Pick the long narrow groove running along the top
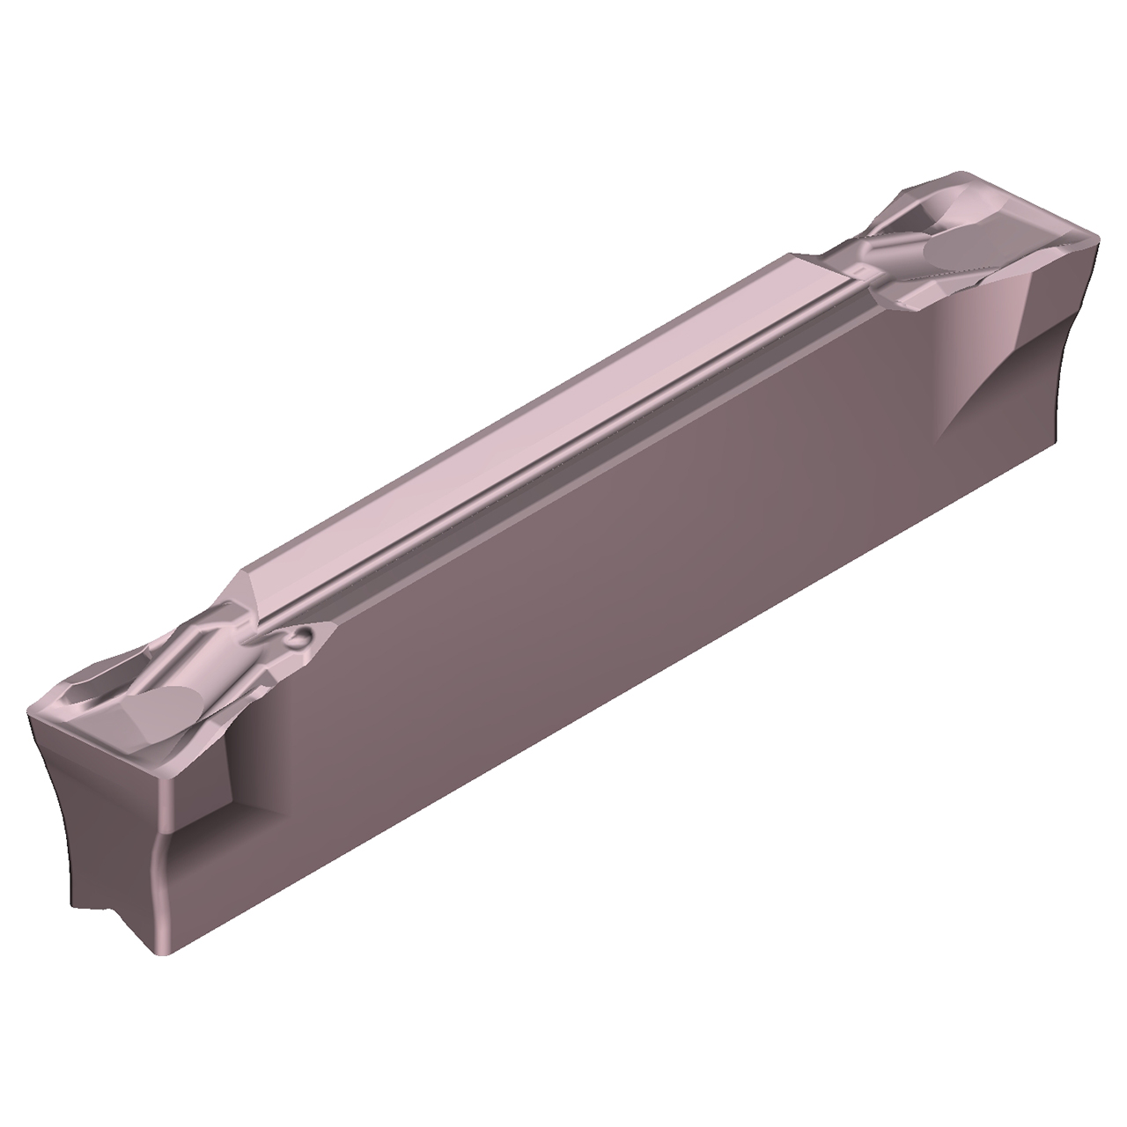563,458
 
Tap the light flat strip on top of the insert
528,414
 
